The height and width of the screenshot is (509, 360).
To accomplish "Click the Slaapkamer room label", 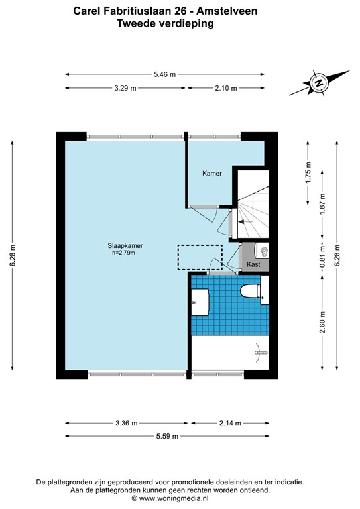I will point(126,245).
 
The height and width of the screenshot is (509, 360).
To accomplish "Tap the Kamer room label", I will point(212,173).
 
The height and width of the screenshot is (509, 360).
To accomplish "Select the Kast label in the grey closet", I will point(253,264).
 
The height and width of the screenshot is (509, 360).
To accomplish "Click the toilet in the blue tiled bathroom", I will point(251,292).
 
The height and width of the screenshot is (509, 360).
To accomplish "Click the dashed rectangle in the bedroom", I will point(200,257).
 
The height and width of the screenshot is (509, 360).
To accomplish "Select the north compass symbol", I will point(319,84).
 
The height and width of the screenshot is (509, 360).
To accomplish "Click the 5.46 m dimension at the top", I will point(165,75).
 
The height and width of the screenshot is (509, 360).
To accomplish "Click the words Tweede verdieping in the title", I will point(165,23).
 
